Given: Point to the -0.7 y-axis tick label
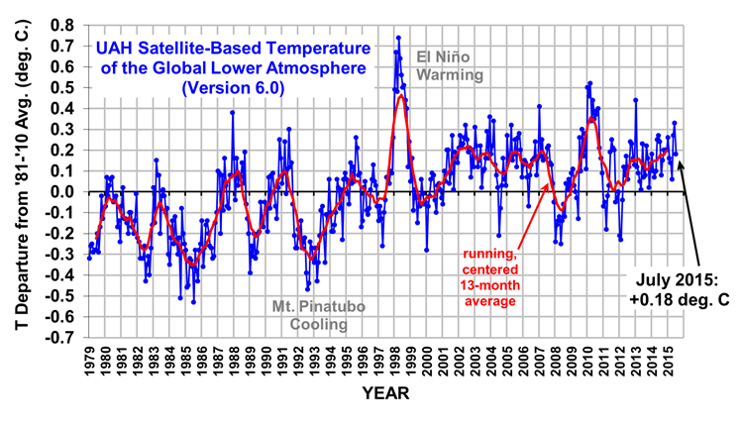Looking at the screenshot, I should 61,338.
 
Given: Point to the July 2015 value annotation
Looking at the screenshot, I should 681,287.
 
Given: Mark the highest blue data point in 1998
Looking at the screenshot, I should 398,38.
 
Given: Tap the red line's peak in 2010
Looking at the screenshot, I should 591,119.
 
